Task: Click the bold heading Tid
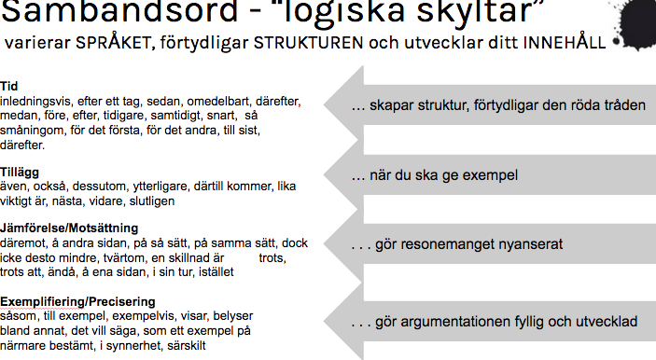8,86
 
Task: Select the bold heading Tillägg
20,173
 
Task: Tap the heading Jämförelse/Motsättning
69,228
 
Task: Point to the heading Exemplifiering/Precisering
77,301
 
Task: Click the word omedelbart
217,101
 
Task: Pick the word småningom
33,131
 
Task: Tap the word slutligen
152,201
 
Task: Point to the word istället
216,271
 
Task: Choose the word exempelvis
145,316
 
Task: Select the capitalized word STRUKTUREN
308,43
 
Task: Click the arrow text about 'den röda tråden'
498,105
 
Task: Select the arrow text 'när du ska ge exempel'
434,174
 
